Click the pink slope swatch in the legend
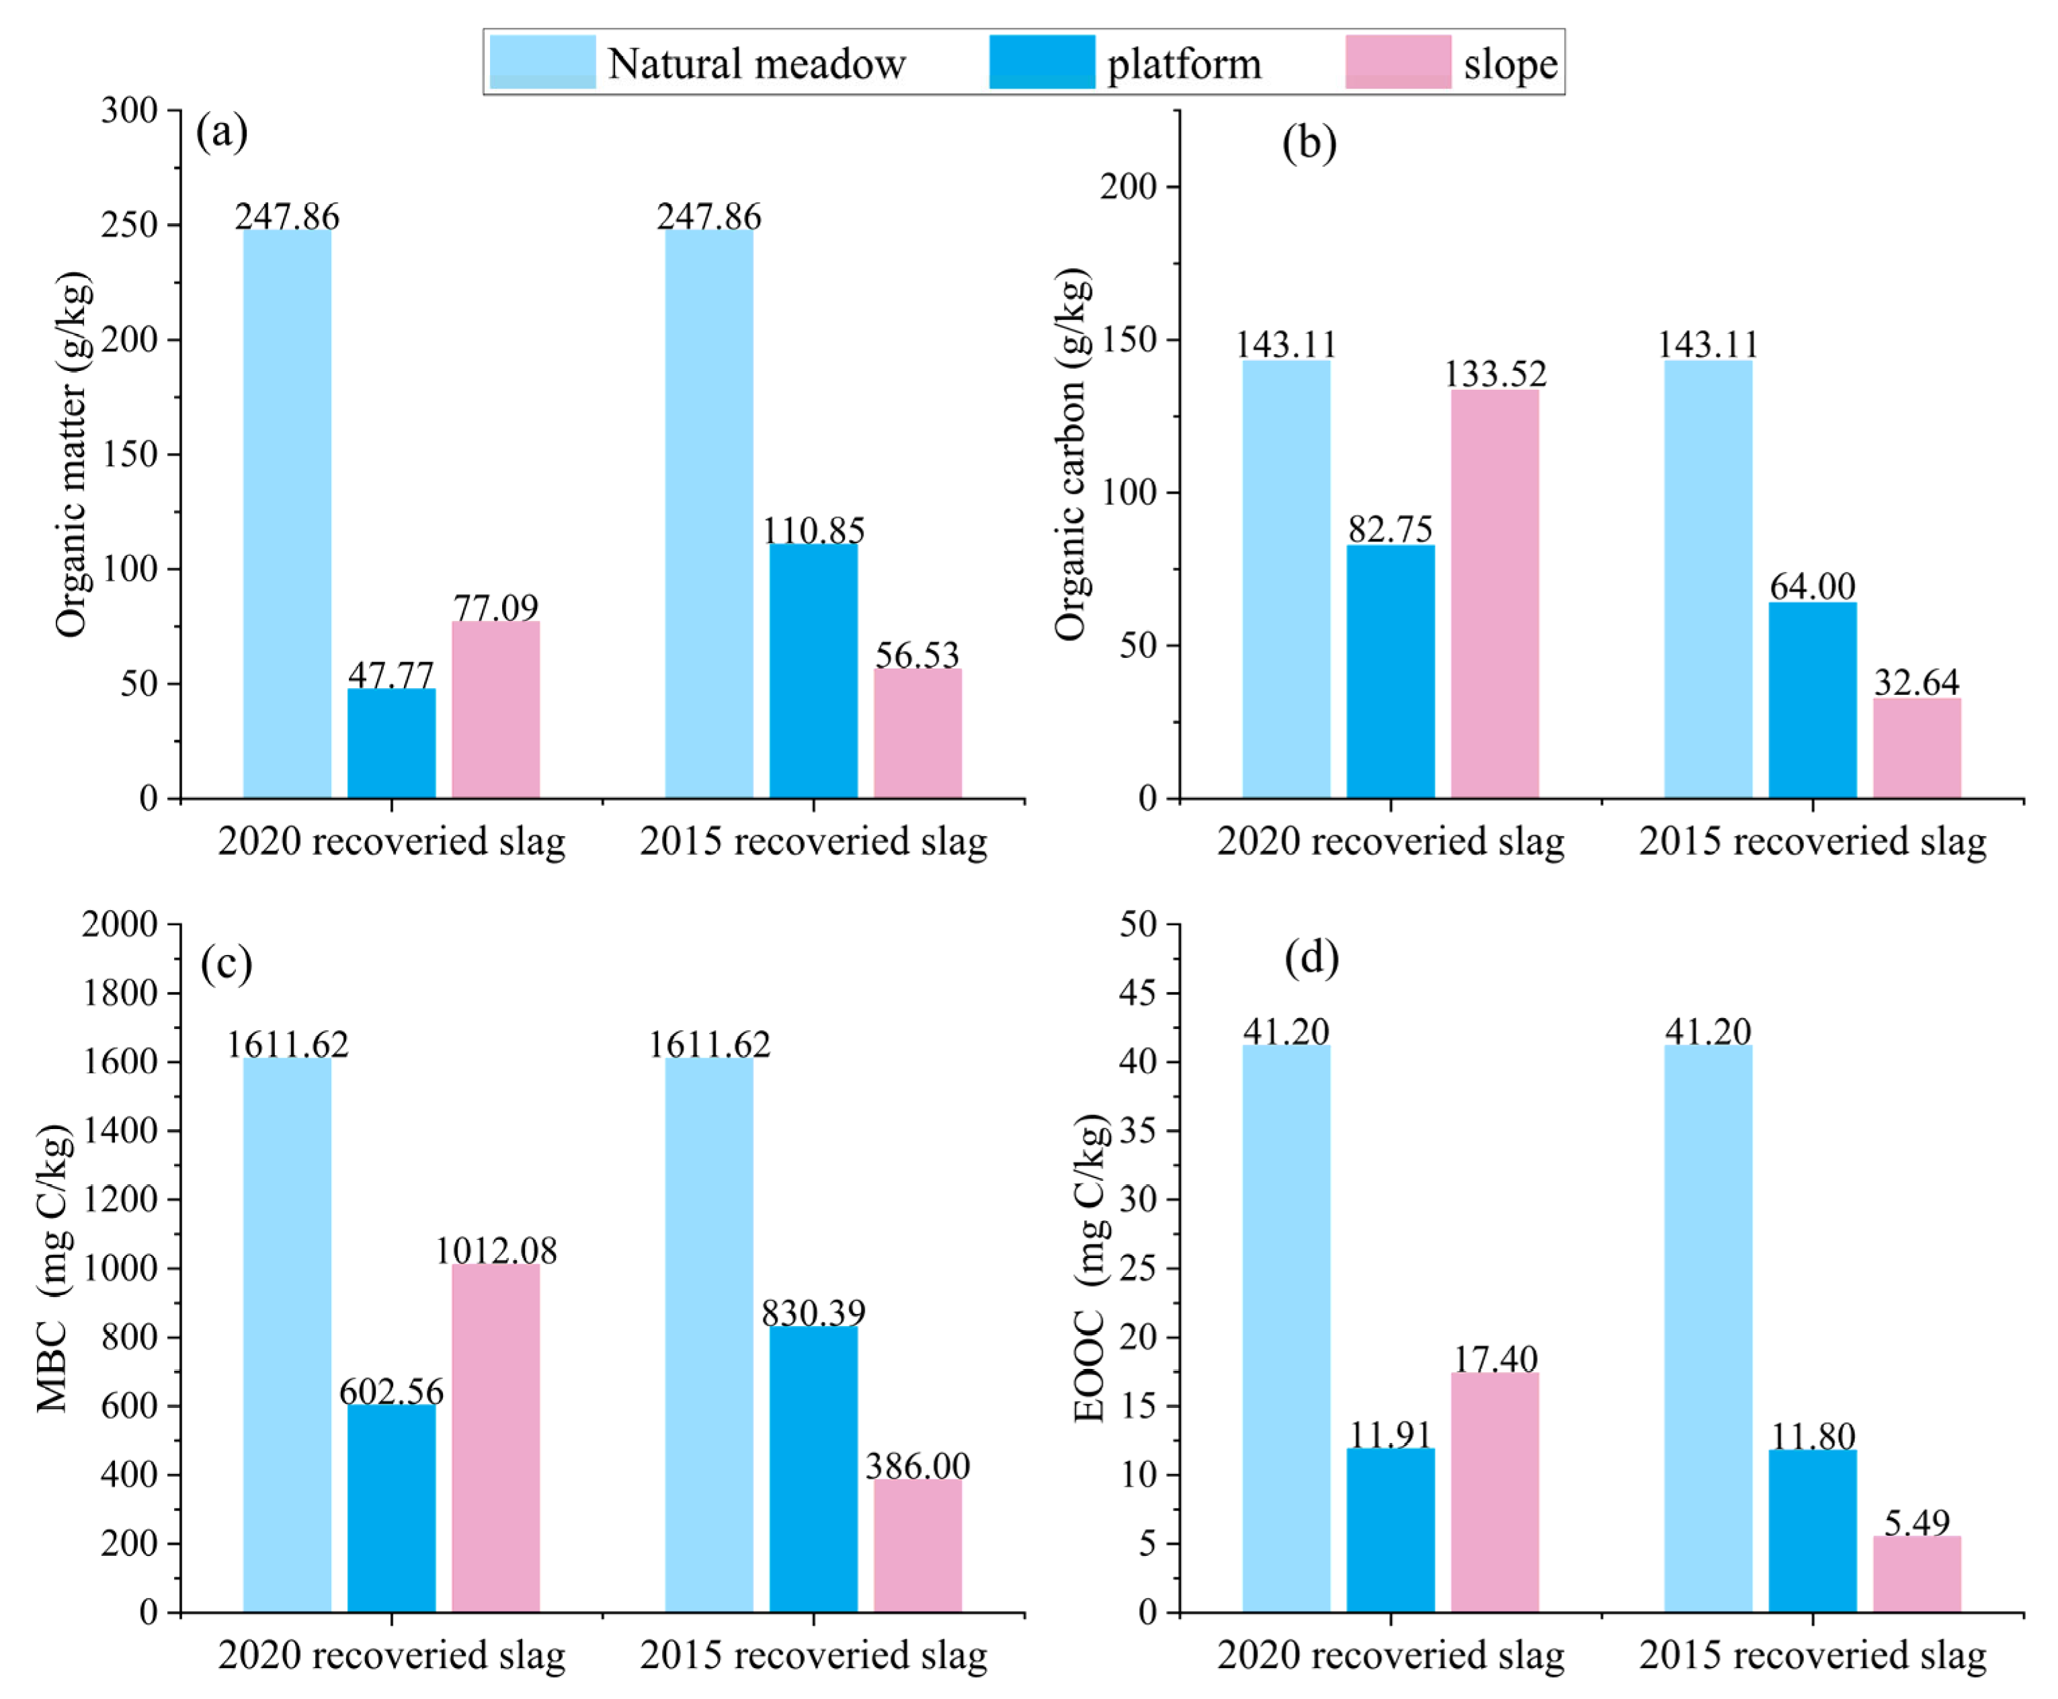point(1397,62)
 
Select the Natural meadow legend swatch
point(542,62)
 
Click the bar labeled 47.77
point(391,744)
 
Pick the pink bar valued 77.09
point(496,710)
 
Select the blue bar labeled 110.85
point(813,671)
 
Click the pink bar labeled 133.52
point(1494,594)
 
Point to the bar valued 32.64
point(1916,749)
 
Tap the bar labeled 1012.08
point(496,1438)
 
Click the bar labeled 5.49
point(1916,1574)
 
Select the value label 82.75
point(1391,528)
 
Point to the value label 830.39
point(813,1311)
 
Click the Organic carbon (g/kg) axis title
point(1073,454)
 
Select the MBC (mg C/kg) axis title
point(55,1268)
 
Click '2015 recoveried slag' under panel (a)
point(813,841)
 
